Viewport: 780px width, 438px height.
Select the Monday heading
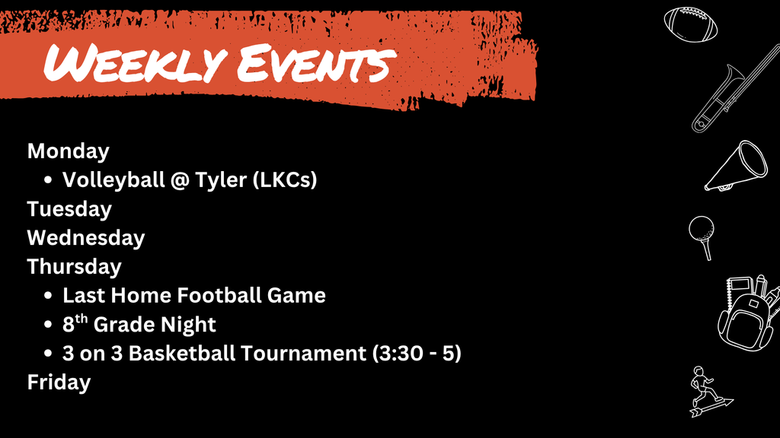(x=69, y=151)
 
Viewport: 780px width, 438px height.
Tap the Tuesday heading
(x=69, y=209)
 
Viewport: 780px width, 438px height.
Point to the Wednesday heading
(x=86, y=238)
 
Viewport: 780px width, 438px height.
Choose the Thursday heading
(x=75, y=267)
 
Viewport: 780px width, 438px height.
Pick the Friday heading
(x=59, y=382)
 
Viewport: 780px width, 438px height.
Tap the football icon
(x=691, y=25)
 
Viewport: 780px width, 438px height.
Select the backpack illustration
(x=748, y=311)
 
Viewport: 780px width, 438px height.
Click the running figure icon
(x=706, y=392)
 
